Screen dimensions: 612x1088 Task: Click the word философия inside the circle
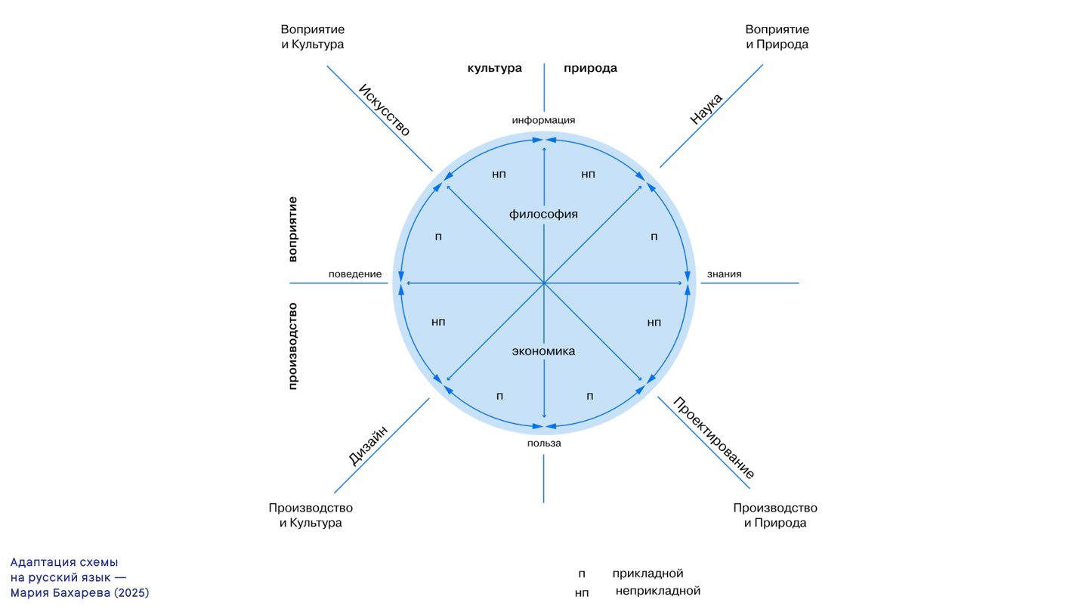tap(543, 215)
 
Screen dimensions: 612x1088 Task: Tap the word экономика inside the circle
tap(543, 351)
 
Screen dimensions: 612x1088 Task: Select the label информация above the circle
tap(543, 120)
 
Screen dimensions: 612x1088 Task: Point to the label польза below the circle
tap(544, 444)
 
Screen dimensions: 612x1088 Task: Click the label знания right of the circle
tap(724, 274)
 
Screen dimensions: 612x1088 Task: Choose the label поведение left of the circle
tap(355, 274)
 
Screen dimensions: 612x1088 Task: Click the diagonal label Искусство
tap(385, 110)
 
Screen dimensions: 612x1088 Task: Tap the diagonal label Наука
tap(706, 109)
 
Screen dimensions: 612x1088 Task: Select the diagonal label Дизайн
tap(369, 445)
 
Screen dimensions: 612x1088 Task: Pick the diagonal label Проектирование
tap(714, 438)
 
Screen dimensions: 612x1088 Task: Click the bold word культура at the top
tap(494, 68)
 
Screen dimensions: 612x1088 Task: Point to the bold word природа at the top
tap(590, 68)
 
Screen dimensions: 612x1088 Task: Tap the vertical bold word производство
tap(293, 346)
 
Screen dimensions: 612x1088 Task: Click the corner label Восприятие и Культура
tap(313, 37)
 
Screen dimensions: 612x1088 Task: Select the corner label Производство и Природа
tap(775, 515)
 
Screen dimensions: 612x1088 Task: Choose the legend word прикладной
tap(648, 573)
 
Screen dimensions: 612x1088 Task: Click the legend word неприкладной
tap(658, 591)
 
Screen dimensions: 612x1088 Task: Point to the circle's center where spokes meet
tap(544, 283)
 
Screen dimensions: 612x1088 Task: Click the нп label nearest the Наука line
tap(589, 175)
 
